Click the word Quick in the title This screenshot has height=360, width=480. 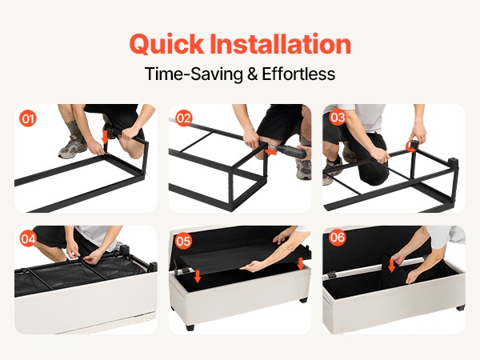166,44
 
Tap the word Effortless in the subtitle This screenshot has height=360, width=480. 298,74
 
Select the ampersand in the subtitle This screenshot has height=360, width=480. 252,74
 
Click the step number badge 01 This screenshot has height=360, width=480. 28,118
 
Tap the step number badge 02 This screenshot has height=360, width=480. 184,118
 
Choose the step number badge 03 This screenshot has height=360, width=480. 338,118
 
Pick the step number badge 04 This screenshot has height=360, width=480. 28,238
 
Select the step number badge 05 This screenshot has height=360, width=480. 183,241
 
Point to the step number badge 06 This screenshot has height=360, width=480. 338,238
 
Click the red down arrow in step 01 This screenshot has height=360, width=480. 105,137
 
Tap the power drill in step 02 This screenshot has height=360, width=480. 292,151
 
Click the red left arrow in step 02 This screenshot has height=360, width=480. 271,151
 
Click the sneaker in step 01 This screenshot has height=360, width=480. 73,147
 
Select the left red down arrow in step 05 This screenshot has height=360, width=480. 198,276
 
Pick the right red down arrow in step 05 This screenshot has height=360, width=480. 301,264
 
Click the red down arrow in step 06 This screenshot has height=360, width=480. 391,266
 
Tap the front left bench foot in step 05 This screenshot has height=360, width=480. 190,327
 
